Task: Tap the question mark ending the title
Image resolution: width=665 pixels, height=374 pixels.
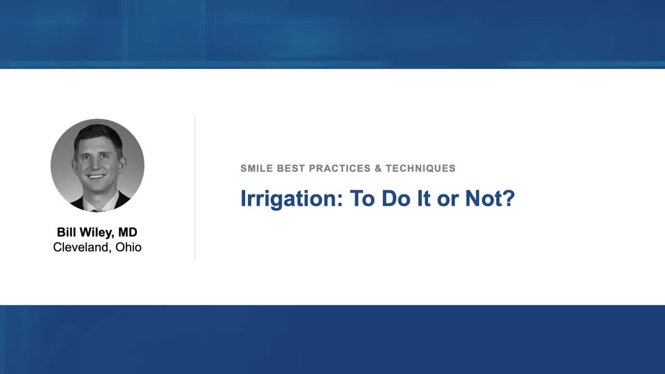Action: (509, 198)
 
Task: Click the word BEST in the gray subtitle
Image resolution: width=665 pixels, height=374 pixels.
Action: (291, 168)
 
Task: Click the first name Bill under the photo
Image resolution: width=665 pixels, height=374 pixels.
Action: (65, 232)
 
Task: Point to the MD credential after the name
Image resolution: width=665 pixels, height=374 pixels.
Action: (128, 232)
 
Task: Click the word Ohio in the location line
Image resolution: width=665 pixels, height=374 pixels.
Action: (128, 247)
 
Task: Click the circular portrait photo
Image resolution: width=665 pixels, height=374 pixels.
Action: (97, 165)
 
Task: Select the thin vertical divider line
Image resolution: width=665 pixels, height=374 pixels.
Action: (195, 187)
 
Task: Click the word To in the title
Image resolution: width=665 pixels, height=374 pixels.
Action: (362, 198)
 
